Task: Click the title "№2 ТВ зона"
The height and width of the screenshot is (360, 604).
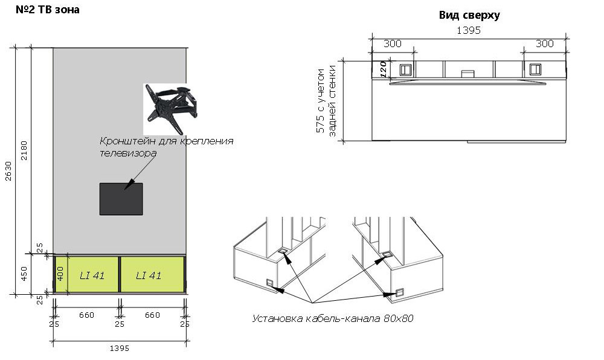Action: (47, 10)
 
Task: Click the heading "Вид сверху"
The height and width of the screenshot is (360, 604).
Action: (469, 15)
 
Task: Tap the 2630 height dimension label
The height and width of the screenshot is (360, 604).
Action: (8, 171)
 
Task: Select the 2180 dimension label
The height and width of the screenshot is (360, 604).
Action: (24, 150)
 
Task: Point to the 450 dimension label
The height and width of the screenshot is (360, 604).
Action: (24, 274)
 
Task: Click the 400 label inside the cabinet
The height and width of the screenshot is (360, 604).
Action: (60, 274)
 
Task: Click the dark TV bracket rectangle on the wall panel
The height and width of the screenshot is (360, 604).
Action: (121, 199)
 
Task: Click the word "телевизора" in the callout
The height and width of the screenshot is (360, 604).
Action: (128, 153)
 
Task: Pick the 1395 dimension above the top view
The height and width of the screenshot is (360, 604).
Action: (469, 30)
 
